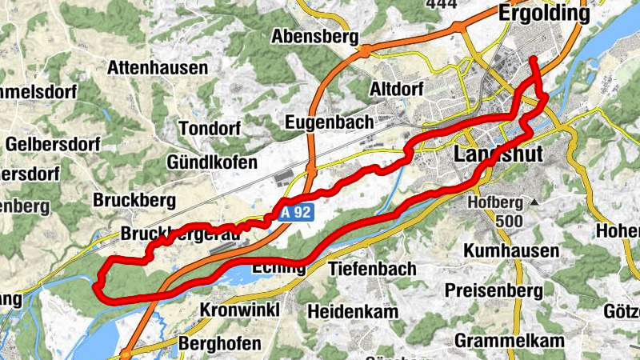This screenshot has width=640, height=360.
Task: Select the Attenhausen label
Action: [x=158, y=67]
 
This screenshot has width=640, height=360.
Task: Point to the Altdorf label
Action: [x=397, y=89]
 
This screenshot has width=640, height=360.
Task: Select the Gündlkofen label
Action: [x=212, y=162]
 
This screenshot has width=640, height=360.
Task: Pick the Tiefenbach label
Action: [x=372, y=269]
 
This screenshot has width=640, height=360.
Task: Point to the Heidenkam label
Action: [x=351, y=310]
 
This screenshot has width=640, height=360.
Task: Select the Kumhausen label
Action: [x=511, y=251]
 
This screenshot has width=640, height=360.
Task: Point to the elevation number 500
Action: [x=498, y=220]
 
